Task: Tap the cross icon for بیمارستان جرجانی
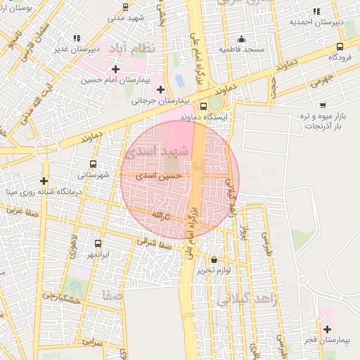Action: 161,89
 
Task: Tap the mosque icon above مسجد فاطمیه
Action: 242,39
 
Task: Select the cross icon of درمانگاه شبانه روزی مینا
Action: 44,181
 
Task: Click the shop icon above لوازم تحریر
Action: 214,259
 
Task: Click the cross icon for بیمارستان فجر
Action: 327,329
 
